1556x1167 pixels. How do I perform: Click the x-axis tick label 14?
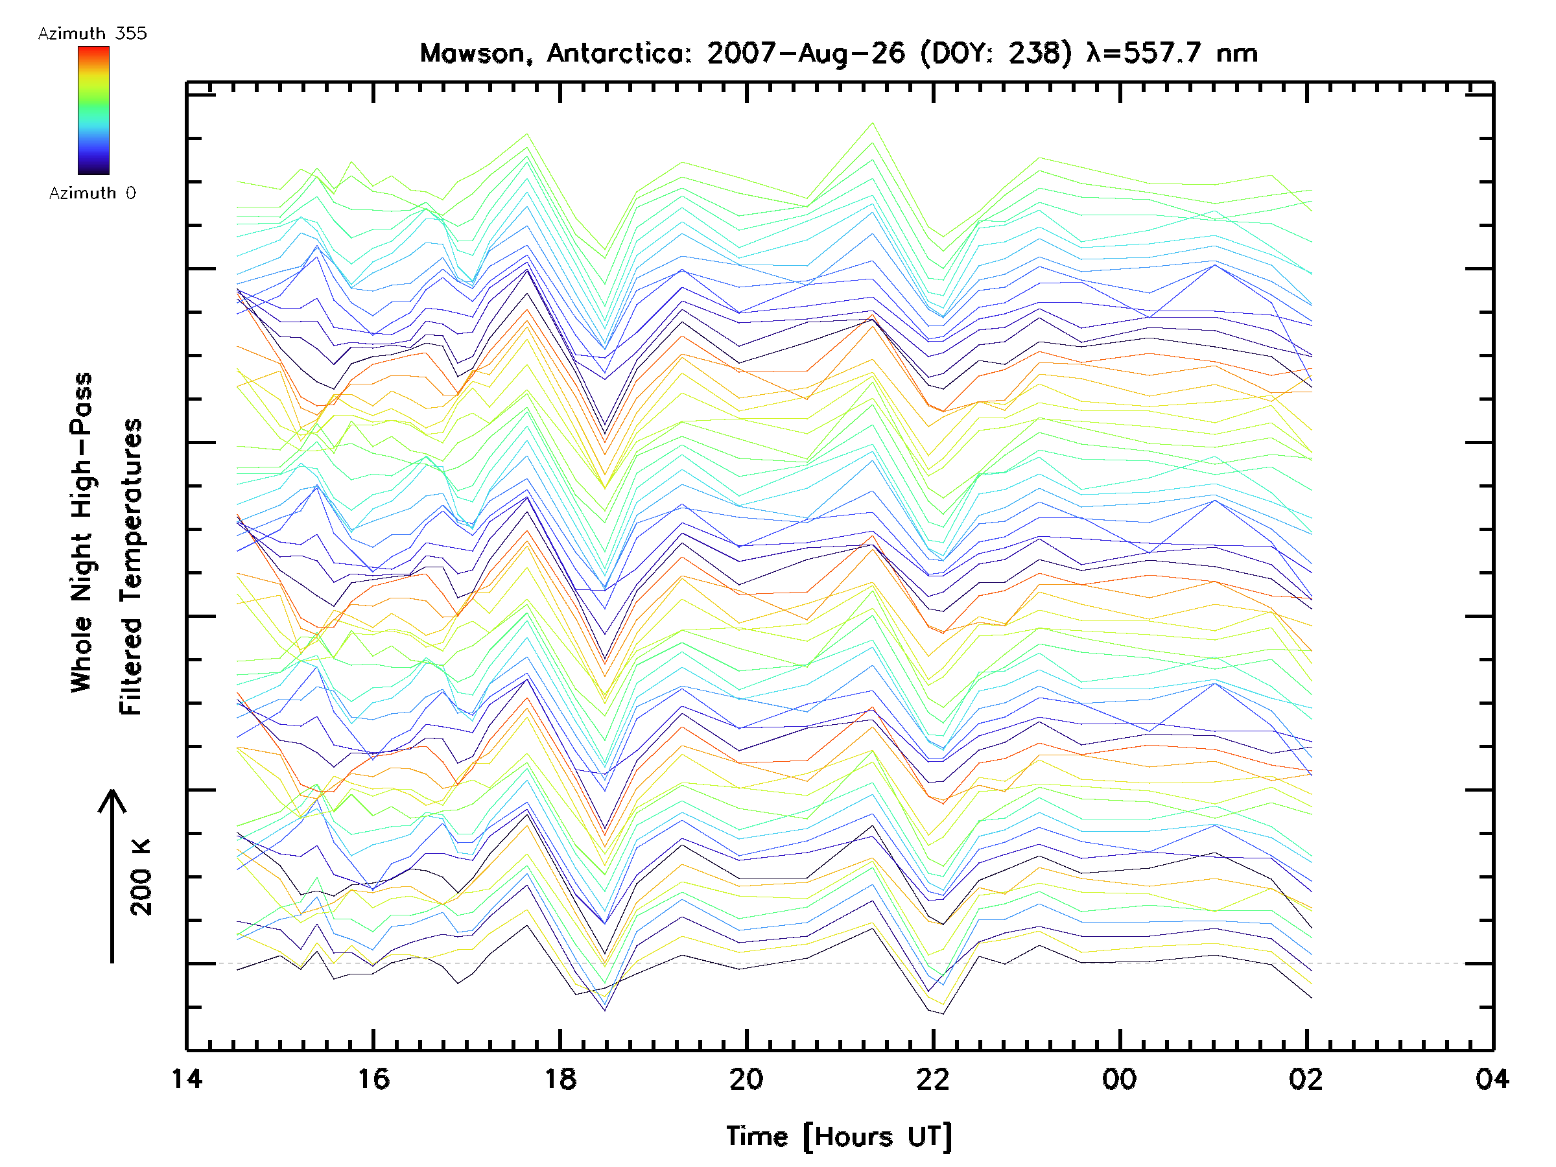click(187, 1078)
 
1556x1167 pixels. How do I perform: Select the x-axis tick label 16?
click(373, 1078)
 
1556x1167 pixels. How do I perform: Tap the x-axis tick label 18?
click(560, 1078)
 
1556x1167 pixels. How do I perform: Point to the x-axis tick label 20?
click(746, 1078)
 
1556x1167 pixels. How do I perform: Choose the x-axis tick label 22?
click(933, 1078)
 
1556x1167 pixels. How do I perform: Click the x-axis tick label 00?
click(1119, 1078)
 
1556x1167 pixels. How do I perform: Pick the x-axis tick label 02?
click(1306, 1078)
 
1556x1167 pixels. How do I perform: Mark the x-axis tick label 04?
click(1492, 1078)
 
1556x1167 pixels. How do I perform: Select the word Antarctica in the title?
click(620, 53)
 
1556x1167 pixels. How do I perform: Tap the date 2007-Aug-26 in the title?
click(806, 53)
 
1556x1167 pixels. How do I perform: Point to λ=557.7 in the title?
click(1142, 53)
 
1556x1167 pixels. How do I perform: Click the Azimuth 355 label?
click(92, 33)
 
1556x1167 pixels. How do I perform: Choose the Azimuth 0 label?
click(92, 193)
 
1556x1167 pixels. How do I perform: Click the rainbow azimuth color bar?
click(93, 110)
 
